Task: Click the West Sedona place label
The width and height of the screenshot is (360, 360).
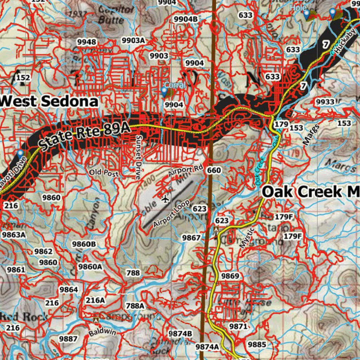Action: coord(49,101)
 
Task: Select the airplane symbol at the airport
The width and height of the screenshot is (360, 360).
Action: coord(165,200)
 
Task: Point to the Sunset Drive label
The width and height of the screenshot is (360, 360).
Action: coord(139,157)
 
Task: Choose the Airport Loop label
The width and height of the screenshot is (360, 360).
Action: coord(172,213)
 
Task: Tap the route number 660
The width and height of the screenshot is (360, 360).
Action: coord(214,171)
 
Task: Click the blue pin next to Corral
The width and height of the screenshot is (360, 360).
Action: coord(164,91)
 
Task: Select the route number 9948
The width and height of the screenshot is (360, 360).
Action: coord(86,42)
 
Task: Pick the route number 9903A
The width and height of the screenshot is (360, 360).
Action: coord(133,40)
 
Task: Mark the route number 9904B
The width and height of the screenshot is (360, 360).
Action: coord(186,19)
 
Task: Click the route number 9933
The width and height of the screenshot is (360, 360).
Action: coord(325,102)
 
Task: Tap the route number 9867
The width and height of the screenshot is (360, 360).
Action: coord(191,238)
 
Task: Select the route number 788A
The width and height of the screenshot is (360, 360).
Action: coord(135,306)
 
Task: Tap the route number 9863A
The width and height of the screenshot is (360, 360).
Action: coord(14,234)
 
